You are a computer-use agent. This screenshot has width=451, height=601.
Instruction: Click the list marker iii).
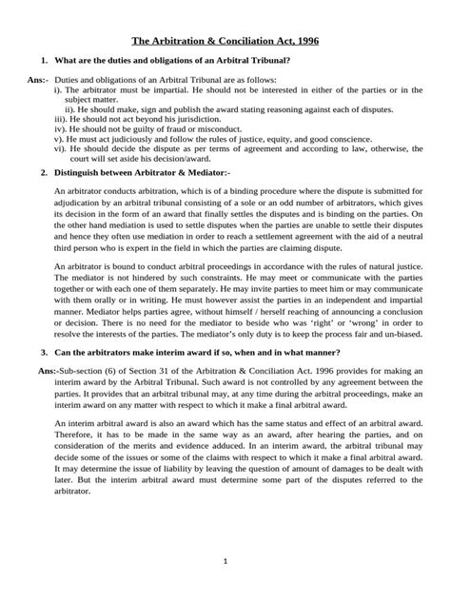click(x=61, y=122)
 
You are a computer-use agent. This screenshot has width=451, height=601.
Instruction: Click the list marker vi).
click(x=61, y=152)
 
